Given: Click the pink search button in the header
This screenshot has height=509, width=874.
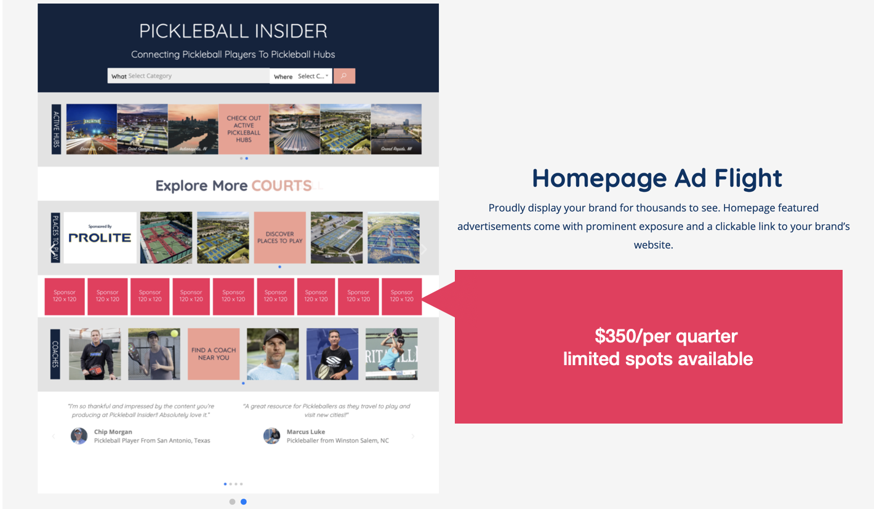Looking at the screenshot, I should click(344, 76).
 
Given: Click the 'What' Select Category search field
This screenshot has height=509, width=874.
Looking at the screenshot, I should click(188, 76).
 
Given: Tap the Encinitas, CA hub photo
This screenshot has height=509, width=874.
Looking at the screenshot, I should click(91, 129).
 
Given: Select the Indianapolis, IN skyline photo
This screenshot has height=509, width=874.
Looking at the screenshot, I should click(193, 129).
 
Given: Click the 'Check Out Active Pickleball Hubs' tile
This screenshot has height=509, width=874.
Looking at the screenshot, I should click(244, 129).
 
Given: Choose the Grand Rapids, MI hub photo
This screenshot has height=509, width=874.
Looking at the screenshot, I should click(396, 129).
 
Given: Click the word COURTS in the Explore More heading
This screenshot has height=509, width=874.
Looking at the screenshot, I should click(281, 186).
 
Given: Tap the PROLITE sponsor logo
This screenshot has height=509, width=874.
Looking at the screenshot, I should click(100, 237).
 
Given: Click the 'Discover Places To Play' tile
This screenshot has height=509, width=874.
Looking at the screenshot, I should click(279, 237).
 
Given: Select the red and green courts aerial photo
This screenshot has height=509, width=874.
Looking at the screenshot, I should click(166, 237).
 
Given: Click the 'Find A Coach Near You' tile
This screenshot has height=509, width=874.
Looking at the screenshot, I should click(214, 353).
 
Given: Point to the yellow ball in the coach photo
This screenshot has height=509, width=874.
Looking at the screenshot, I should click(175, 333).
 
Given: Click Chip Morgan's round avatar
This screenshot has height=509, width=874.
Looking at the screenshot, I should click(79, 436).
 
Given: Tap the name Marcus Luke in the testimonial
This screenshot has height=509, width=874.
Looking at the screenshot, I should click(306, 432).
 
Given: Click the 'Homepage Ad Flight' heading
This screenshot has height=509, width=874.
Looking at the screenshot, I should click(657, 178).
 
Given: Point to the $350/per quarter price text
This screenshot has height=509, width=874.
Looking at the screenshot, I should click(666, 336).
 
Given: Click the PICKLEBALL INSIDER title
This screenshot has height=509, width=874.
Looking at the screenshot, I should click(233, 31).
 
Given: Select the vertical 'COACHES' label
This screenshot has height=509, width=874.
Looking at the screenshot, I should click(55, 353).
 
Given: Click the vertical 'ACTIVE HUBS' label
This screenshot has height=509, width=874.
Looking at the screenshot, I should click(56, 129).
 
